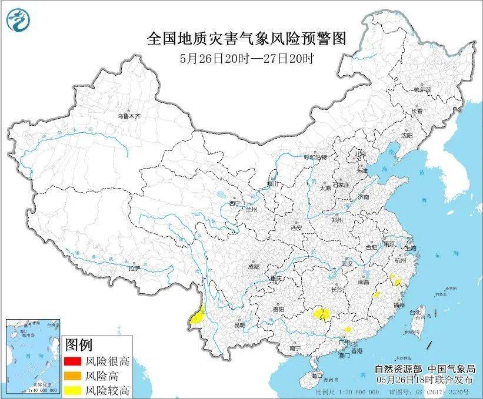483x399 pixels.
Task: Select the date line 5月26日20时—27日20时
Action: (x=247, y=59)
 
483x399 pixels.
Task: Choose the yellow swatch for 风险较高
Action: (x=73, y=390)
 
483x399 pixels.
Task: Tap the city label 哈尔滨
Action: (x=422, y=90)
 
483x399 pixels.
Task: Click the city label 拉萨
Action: (x=135, y=268)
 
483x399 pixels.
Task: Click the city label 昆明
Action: (x=239, y=324)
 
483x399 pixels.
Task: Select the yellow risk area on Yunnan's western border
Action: (x=198, y=316)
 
